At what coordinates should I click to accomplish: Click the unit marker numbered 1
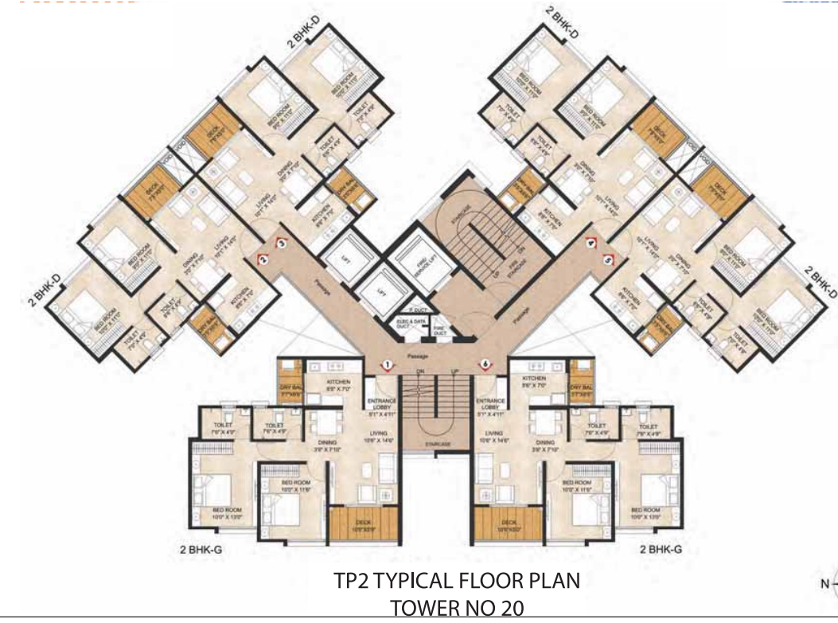[x=387, y=364]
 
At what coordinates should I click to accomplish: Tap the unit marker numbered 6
[x=485, y=364]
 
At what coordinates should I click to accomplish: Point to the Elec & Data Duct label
[x=411, y=323]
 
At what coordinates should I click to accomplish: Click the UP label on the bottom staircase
[x=454, y=372]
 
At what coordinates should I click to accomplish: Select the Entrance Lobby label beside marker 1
[x=380, y=406]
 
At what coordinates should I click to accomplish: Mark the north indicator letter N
[x=825, y=585]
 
